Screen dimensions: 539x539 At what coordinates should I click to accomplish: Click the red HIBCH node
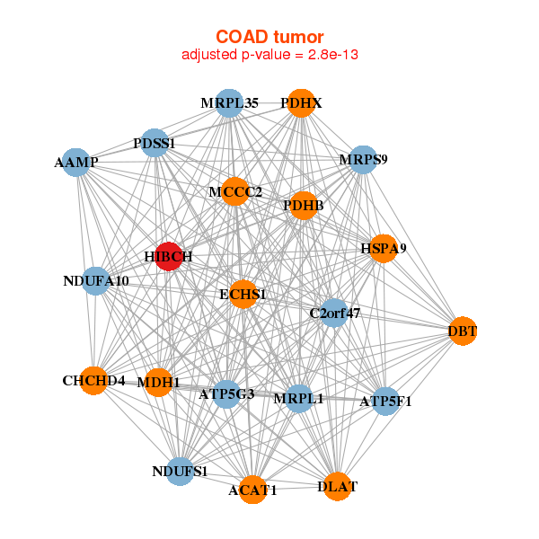coord(169,256)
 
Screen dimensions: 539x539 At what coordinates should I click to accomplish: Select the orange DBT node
coord(463,331)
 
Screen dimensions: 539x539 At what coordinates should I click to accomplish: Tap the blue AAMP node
coord(76,163)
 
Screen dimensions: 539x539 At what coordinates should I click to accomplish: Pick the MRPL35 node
coord(229,103)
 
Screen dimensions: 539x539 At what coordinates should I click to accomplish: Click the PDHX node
coord(301,103)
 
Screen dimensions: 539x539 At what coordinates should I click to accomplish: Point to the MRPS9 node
coord(363,160)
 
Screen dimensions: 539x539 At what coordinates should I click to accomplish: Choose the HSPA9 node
coord(384,249)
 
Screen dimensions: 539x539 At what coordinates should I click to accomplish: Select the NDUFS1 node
coord(180,472)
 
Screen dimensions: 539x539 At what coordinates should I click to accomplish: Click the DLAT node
coord(337,486)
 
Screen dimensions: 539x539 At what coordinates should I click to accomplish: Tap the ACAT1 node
coord(252,490)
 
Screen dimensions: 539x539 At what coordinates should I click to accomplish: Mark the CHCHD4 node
coord(93,381)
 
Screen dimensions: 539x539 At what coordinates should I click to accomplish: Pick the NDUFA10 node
coord(96,281)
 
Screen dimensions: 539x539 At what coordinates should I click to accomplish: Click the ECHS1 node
coord(243,295)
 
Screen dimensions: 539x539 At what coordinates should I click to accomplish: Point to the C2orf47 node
coord(334,313)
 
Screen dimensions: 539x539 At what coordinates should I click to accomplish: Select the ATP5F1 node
coord(385,402)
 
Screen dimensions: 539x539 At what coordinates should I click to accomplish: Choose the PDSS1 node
coord(155,143)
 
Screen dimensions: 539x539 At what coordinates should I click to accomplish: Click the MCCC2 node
coord(235,191)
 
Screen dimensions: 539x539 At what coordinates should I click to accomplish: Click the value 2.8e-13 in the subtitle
coord(333,54)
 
